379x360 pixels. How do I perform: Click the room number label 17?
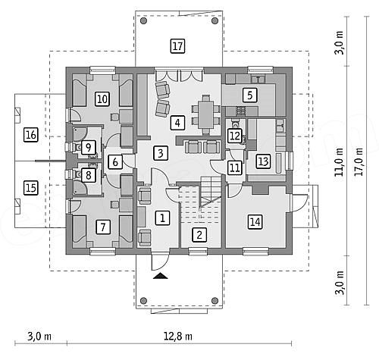click(x=177, y=46)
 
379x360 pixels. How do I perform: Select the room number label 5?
click(x=249, y=95)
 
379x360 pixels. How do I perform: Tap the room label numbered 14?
click(x=255, y=222)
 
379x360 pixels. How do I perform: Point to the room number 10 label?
click(x=102, y=99)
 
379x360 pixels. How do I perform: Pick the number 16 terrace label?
click(x=31, y=135)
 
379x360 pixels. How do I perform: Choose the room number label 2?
click(x=199, y=235)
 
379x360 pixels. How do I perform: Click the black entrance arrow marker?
click(x=161, y=276)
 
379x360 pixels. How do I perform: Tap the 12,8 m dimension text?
click(x=178, y=337)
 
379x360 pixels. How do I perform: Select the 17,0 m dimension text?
click(x=359, y=162)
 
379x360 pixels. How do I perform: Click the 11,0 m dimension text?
click(x=339, y=162)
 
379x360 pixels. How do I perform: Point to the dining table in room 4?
click(x=206, y=114)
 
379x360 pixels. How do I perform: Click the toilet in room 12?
click(x=235, y=124)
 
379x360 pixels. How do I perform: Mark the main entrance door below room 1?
click(x=160, y=262)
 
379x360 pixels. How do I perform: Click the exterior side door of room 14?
click(x=300, y=203)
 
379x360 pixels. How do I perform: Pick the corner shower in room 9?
click(x=80, y=133)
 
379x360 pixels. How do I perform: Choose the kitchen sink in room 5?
click(x=258, y=80)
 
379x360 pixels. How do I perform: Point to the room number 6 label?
click(x=115, y=162)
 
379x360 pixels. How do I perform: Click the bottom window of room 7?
click(x=103, y=251)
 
